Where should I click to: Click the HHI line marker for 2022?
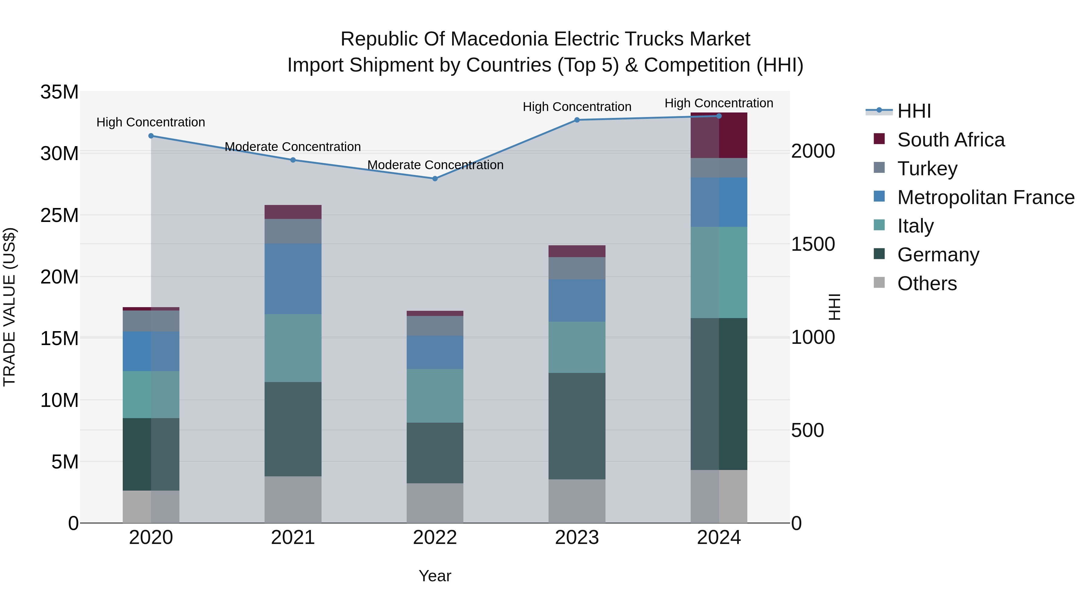coord(435,179)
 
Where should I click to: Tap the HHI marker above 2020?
coord(151,136)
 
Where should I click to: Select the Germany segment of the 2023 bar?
coord(576,426)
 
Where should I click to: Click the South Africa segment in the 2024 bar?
coord(719,136)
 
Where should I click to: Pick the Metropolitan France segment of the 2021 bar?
coord(293,279)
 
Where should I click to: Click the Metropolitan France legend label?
coord(986,197)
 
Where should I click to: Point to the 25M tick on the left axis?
coord(59,215)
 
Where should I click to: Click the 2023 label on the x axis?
coord(576,538)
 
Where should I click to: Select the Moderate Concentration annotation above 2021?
coord(293,147)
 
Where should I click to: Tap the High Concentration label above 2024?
coord(719,103)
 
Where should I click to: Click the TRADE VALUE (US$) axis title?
coord(9,307)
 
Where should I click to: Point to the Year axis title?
coord(435,576)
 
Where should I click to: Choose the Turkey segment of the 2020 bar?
coord(151,321)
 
